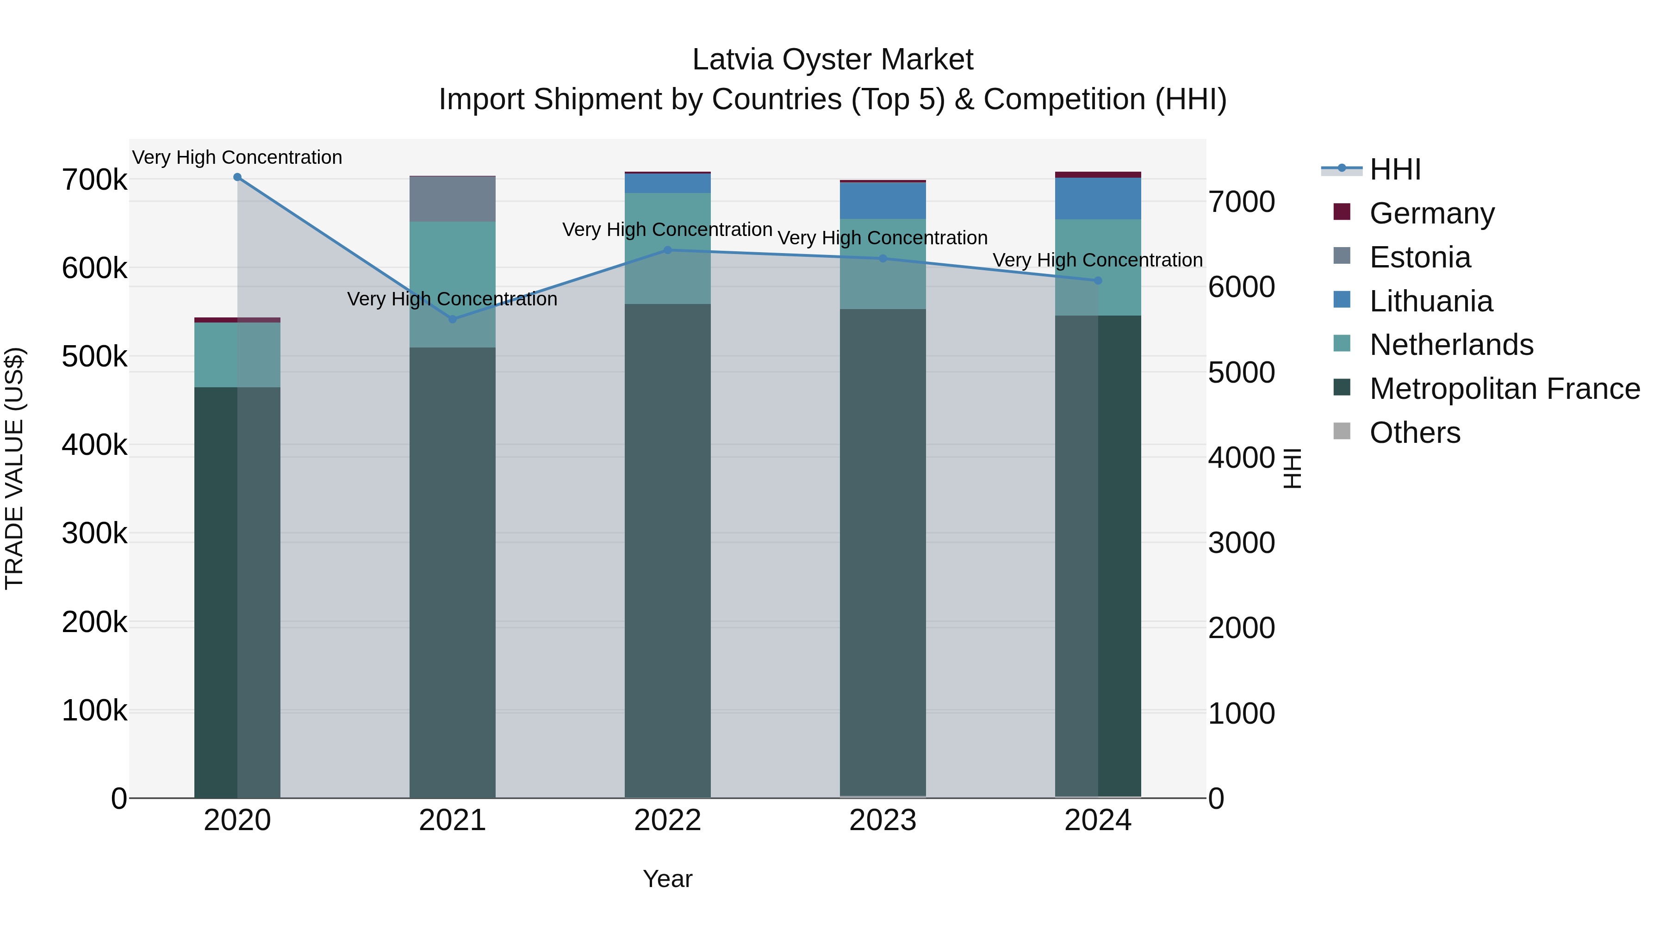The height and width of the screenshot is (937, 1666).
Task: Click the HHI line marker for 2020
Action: click(x=237, y=177)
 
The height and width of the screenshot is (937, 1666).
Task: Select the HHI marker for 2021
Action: click(x=453, y=319)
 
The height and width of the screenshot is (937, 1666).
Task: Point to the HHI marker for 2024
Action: click(x=1098, y=281)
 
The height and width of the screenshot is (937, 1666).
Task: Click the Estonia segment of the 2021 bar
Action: click(x=453, y=199)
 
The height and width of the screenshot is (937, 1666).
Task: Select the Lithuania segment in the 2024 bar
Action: click(x=1098, y=199)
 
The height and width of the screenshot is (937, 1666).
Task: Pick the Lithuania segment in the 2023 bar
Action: click(x=883, y=200)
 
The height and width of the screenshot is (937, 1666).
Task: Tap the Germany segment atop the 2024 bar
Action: click(x=1098, y=174)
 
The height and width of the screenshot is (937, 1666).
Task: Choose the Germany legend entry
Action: click(x=1431, y=213)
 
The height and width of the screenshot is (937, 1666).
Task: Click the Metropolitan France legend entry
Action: click(x=1504, y=389)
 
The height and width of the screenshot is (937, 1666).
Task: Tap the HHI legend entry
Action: click(x=1395, y=169)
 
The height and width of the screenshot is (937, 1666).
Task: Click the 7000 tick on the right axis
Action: click(x=1241, y=202)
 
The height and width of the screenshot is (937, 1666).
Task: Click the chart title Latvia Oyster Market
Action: click(x=833, y=60)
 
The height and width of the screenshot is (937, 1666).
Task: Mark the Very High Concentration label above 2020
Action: click(x=237, y=157)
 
